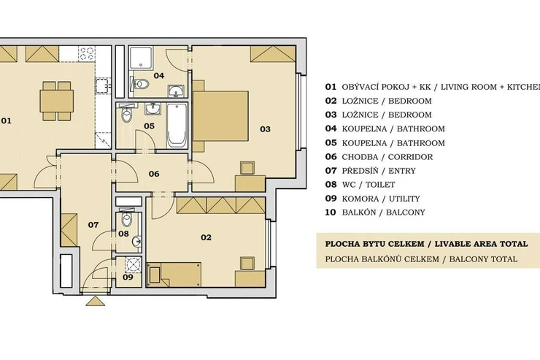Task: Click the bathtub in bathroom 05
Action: [x=177, y=125]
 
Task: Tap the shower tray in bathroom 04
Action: [x=141, y=58]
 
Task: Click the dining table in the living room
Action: [x=56, y=101]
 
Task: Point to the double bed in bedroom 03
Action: [x=220, y=116]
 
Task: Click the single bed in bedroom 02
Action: [x=174, y=275]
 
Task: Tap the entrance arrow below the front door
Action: [x=95, y=301]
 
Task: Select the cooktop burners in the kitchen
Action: [x=86, y=53]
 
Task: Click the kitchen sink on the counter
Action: [x=102, y=85]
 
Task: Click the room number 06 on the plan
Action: [x=154, y=174]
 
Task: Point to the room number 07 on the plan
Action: [x=93, y=225]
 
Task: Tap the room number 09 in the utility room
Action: [x=128, y=277]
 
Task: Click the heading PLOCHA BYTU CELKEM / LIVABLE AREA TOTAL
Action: [x=426, y=244]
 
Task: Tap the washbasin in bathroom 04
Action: [x=177, y=91]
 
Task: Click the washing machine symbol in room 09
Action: [x=134, y=264]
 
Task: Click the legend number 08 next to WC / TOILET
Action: [x=331, y=185]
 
